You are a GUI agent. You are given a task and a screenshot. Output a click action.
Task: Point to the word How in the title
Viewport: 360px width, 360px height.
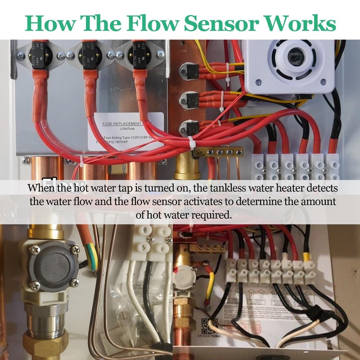(x=49, y=23)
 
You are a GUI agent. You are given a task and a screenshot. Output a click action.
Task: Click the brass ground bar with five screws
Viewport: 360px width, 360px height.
(x=216, y=153)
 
